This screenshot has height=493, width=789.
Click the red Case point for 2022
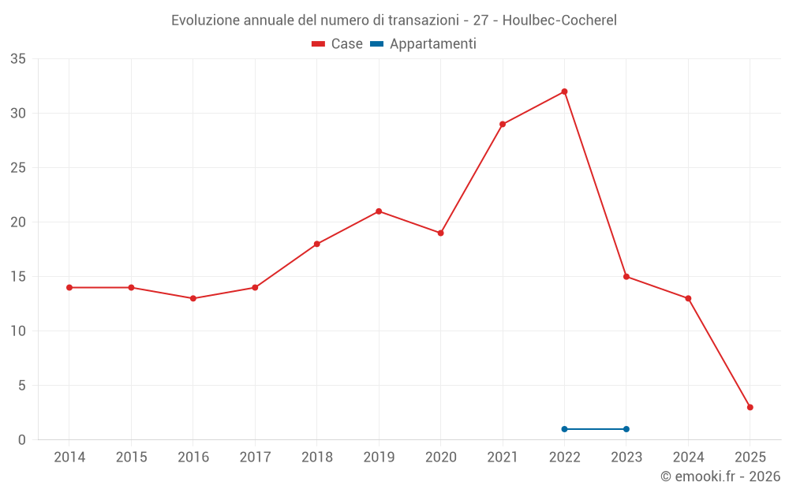point(564,92)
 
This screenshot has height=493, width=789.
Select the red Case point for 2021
point(503,124)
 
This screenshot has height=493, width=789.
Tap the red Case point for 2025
point(750,407)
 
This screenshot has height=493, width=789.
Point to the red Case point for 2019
point(379,211)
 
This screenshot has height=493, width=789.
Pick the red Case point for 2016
point(193,298)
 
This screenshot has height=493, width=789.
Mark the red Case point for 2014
point(69,287)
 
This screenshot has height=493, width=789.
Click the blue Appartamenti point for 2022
point(564,429)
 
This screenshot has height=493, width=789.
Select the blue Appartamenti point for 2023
point(626,429)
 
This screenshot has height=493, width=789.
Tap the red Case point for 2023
point(626,276)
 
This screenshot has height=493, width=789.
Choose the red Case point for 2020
point(440,233)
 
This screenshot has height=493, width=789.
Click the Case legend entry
point(338,44)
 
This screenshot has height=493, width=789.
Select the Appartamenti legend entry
point(424,44)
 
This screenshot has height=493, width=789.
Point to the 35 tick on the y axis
point(18,59)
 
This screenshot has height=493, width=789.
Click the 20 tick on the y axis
point(18,222)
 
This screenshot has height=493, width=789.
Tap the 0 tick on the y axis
point(22,440)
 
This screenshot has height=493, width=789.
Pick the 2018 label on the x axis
point(316,458)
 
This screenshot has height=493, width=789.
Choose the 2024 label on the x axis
point(688,458)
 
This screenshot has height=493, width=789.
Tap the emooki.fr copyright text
point(720,476)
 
